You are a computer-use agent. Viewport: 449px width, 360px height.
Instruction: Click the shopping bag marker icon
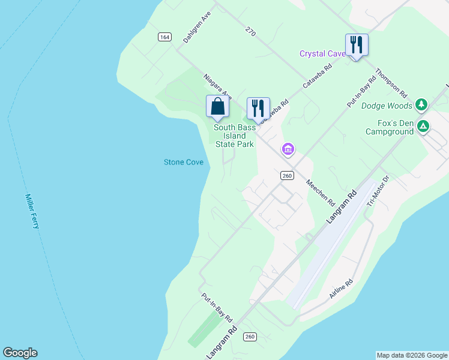[217, 106]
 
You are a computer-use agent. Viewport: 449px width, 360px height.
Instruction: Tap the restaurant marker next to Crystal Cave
[357, 45]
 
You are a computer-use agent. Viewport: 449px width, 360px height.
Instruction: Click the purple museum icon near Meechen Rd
[288, 149]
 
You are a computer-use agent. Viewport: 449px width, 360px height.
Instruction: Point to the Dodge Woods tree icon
[421, 106]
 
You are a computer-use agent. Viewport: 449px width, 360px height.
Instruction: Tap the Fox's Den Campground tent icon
[423, 126]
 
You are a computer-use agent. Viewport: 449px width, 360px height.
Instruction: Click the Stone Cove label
[184, 163]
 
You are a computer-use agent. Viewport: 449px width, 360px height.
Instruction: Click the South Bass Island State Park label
[235, 136]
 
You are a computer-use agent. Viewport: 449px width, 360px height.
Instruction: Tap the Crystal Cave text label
[322, 54]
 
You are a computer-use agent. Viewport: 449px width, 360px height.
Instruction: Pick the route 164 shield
[164, 37]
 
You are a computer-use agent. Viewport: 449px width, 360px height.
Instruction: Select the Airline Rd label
[341, 289]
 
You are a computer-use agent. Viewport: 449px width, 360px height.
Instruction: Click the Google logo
[20, 353]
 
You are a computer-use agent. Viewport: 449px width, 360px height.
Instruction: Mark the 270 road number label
[250, 31]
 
